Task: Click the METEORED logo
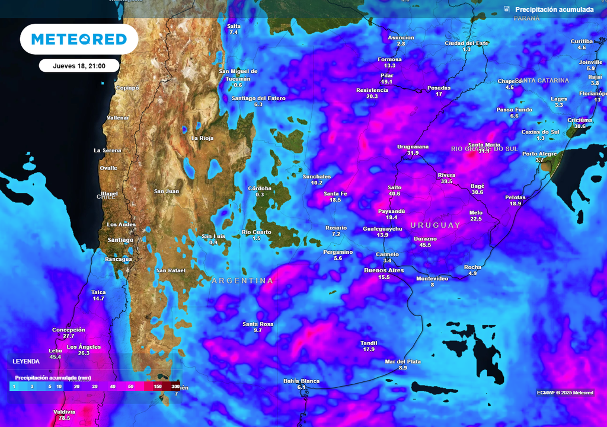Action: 79,39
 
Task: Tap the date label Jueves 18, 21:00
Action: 79,66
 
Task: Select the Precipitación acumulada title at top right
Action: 554,9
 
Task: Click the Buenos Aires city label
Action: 384,270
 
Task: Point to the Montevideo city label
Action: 432,278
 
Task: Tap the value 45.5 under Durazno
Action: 425,245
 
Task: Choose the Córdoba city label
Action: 260,188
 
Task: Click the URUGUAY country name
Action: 435,225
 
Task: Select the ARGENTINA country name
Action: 242,281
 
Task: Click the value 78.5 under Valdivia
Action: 64,418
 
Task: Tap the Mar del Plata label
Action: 402,362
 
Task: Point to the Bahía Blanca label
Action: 301,381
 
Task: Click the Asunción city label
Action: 401,37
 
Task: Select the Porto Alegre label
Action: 539,154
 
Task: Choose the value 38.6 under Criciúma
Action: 580,126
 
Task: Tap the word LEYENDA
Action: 26,361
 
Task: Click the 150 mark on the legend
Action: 158,387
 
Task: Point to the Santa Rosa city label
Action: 258,324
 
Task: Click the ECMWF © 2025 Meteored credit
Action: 565,393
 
